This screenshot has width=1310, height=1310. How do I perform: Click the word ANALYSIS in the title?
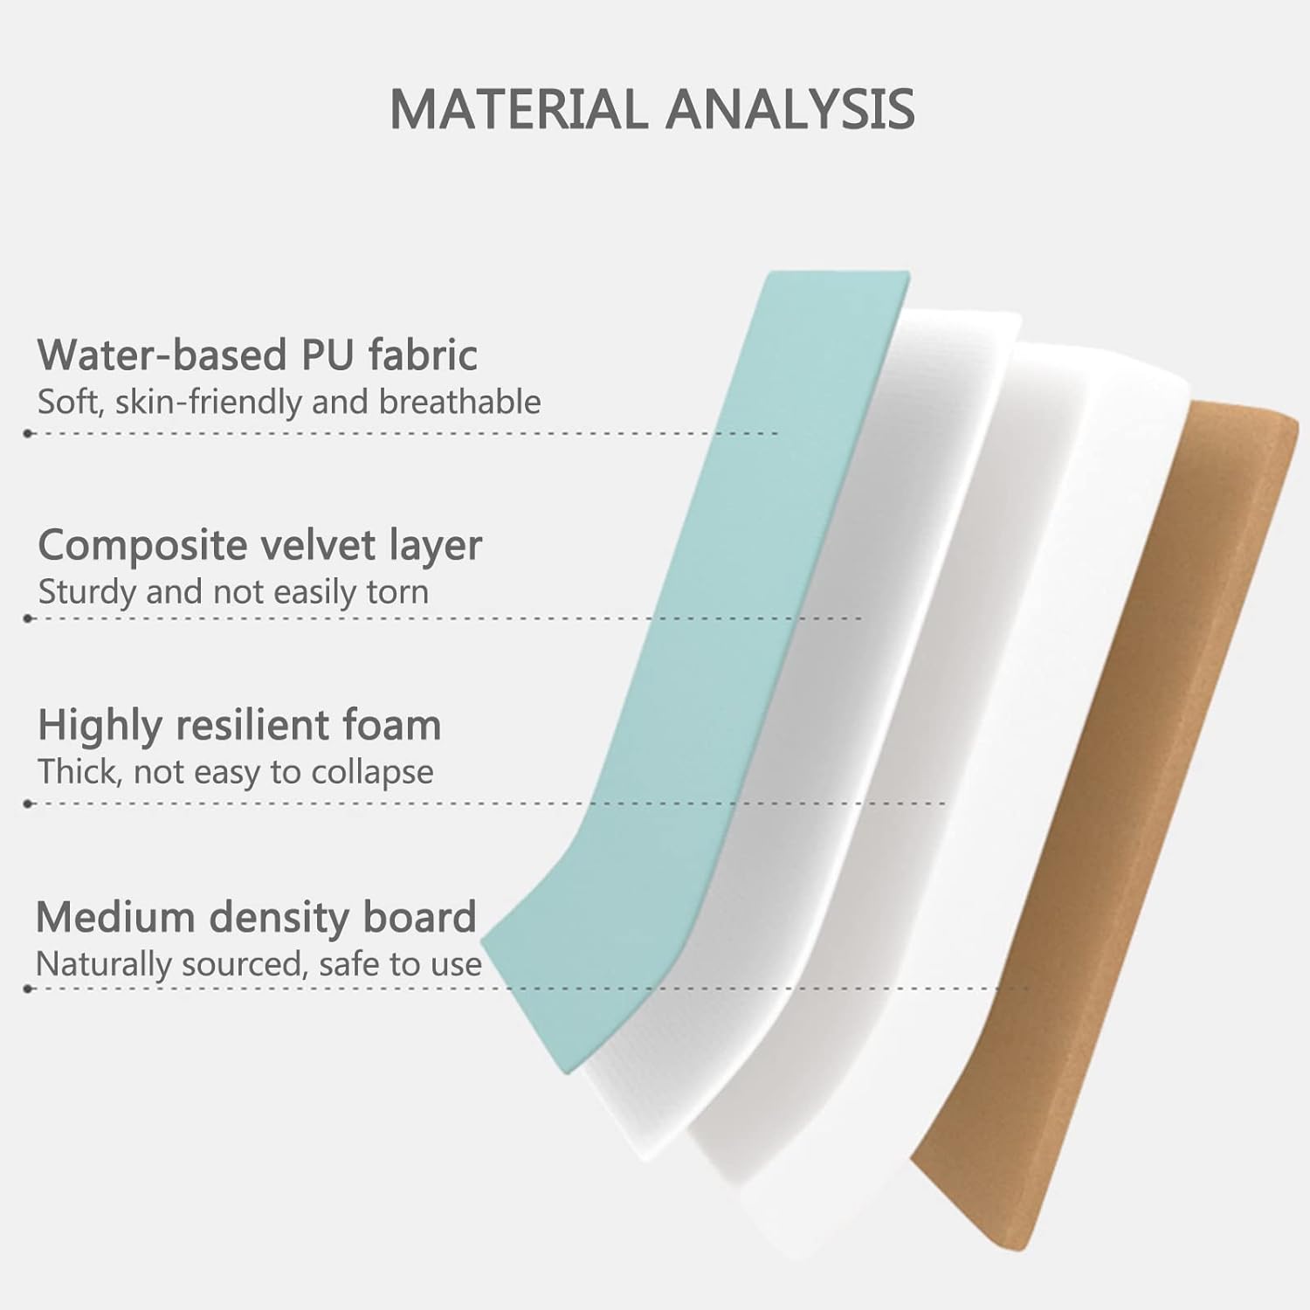(790, 109)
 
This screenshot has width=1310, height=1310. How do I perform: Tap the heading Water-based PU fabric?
(258, 355)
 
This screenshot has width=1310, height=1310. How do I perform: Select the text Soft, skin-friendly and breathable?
(289, 403)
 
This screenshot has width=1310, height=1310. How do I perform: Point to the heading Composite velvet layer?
(259, 546)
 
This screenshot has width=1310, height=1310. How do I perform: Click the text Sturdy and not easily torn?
(233, 592)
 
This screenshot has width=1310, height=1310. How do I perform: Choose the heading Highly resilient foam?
(239, 726)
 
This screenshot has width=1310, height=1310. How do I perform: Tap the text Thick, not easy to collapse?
(235, 772)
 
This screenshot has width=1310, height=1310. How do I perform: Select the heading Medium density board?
(256, 917)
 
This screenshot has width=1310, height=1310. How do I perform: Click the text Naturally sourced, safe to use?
(259, 964)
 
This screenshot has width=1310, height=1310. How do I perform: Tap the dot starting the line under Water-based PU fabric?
(29, 433)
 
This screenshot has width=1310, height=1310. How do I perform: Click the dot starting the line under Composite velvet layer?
(29, 618)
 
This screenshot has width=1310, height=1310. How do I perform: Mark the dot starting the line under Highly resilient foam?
(29, 803)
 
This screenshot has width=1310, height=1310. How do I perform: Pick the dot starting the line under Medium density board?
(29, 989)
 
